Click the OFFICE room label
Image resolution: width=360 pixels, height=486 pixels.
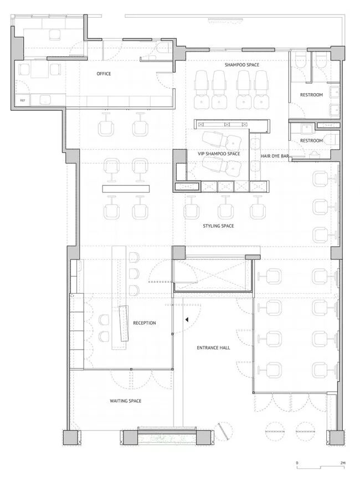coord(104,74)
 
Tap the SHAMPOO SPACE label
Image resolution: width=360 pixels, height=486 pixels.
coord(242,65)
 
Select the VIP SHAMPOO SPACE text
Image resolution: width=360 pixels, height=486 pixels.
coord(219,154)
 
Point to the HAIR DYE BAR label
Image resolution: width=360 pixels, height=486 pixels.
coord(275,156)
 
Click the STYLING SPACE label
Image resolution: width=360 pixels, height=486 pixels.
coord(218,226)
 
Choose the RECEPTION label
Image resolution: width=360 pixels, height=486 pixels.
coord(145,323)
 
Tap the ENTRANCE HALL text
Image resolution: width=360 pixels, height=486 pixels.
coord(213,348)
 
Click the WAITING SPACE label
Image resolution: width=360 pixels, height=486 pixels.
coord(126,401)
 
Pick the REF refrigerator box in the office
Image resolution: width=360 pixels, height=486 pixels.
coord(23,100)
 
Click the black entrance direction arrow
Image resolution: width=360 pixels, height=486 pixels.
coord(187,320)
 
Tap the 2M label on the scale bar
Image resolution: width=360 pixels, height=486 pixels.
coord(343,463)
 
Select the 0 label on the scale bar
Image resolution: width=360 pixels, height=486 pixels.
coord(297,463)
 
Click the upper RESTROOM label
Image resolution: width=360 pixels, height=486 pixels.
coord(311,95)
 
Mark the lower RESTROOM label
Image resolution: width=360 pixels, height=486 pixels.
coord(311,141)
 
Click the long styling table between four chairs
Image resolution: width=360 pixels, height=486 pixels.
coord(126,189)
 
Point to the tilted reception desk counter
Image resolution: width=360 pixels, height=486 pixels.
coord(125,323)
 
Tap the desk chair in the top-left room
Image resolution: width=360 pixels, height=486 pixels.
coord(55,34)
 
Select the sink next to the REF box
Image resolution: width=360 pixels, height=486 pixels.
coord(45,100)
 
